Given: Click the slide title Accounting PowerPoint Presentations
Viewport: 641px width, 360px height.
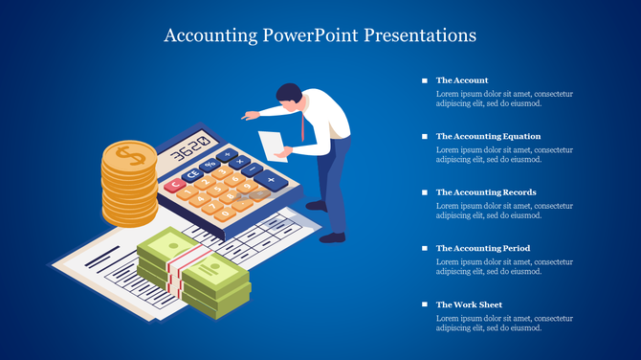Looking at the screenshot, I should [x=320, y=36].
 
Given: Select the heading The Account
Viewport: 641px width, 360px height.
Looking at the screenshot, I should [x=462, y=80].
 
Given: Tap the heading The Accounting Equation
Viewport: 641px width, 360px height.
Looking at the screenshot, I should [x=488, y=136].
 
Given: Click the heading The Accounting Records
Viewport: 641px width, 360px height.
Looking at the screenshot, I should [x=486, y=192].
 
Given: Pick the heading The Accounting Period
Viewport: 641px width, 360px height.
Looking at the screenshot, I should [x=483, y=248].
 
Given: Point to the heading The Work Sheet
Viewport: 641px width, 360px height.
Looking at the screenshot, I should [x=469, y=304].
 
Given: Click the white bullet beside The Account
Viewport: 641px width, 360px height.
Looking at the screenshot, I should [x=425, y=80].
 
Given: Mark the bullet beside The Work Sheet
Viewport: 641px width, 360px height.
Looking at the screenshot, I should [x=425, y=304].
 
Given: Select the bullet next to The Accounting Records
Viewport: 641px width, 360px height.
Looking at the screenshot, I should [x=425, y=192].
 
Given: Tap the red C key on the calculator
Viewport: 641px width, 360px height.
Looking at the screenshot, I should [x=175, y=186].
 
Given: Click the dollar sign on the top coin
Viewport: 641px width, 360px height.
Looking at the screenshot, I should [x=129, y=153].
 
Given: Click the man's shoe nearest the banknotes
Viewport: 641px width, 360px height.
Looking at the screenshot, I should [x=331, y=236].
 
